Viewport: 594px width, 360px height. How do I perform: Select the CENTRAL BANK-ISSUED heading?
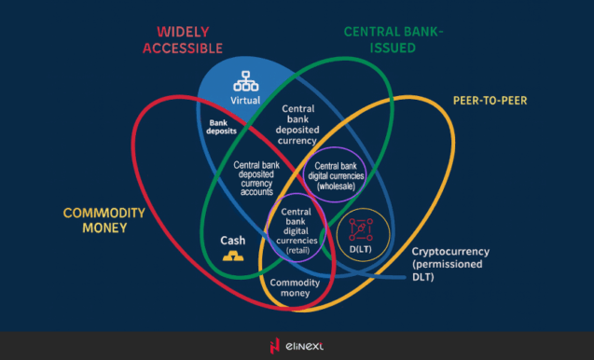click(394, 39)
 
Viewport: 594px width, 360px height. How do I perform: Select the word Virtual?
click(247, 100)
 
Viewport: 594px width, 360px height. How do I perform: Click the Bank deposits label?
click(221, 127)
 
